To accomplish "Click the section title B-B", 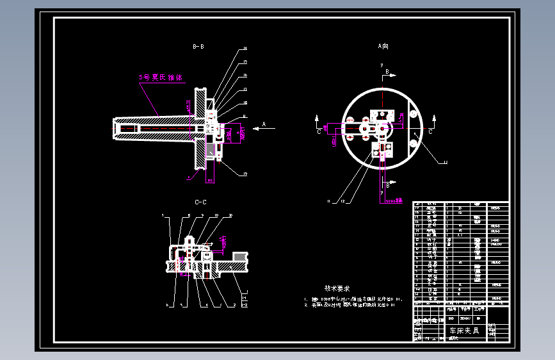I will pos(198,47).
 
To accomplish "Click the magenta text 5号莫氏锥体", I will pos(161,78).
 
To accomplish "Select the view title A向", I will pos(383,46).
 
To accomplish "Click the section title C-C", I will pos(200,202).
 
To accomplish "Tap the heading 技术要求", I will pos(337,289).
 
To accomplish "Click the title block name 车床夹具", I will pos(464,331).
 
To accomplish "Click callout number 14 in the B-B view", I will pos(245,49).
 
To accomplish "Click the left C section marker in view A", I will pos(319,131).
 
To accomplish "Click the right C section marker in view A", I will pos(430,131).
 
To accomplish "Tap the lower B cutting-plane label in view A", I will pos(388,186).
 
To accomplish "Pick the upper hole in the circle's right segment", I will pos(414,116).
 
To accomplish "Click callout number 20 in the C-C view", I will pos(230,215).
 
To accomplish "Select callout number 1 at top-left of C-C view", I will pos(164,215).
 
